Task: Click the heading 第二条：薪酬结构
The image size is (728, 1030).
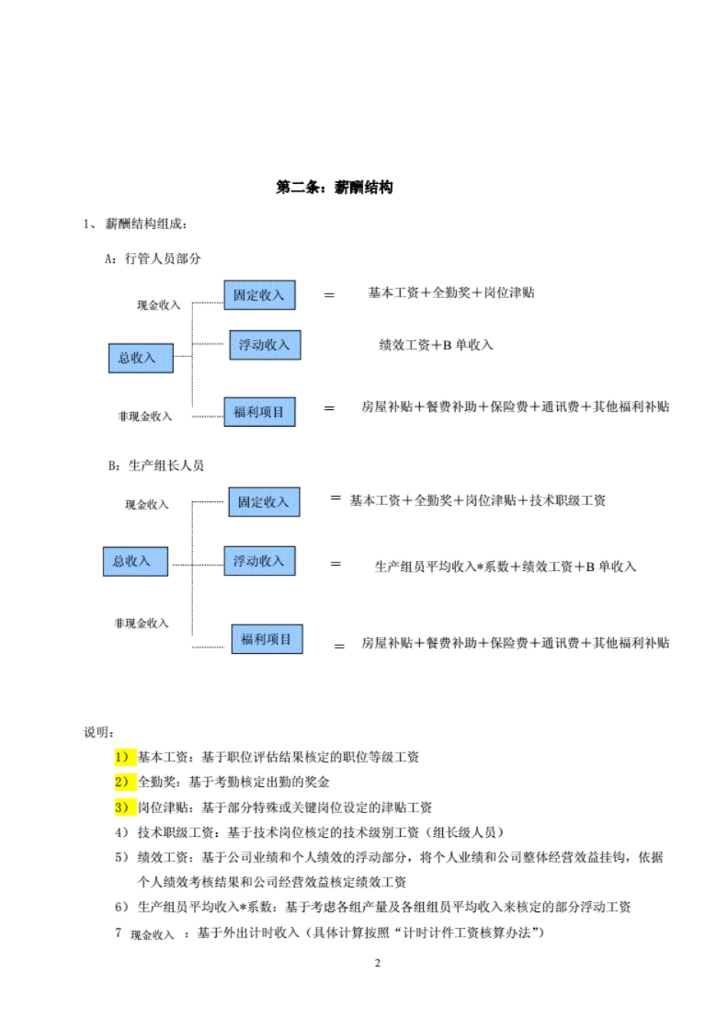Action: click(x=334, y=188)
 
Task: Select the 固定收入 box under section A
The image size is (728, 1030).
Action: click(x=259, y=295)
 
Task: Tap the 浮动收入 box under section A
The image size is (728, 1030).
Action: click(x=264, y=345)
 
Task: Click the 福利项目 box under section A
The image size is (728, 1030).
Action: click(x=259, y=412)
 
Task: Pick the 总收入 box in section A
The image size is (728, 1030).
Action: click(x=140, y=358)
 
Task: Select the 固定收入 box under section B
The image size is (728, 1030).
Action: click(x=264, y=502)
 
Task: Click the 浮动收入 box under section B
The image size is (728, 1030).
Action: click(x=259, y=561)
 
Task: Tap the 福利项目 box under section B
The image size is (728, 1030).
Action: click(x=267, y=639)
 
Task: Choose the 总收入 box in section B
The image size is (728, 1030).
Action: click(x=135, y=561)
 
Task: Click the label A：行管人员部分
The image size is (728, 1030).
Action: click(x=153, y=258)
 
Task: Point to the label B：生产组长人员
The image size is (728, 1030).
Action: click(x=156, y=465)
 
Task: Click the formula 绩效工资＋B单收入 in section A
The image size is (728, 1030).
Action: click(x=435, y=345)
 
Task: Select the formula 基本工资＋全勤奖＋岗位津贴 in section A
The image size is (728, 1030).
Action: click(x=451, y=293)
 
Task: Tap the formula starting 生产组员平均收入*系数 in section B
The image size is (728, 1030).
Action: click(x=505, y=566)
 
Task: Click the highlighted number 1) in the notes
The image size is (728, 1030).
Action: click(x=125, y=757)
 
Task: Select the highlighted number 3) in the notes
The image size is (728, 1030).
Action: click(x=125, y=807)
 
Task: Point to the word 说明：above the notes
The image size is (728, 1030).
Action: click(x=99, y=732)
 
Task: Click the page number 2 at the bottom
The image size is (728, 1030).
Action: click(x=377, y=963)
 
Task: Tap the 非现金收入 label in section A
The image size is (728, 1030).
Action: click(x=145, y=416)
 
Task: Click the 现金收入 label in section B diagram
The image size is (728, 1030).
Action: click(x=146, y=504)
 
